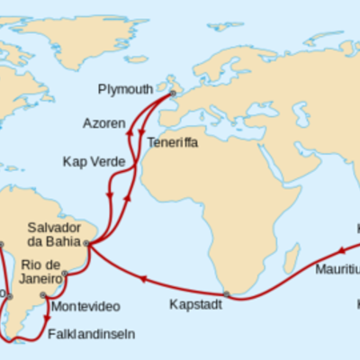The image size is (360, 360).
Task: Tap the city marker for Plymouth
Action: (x=173, y=92)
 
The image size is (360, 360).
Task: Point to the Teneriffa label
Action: (x=172, y=143)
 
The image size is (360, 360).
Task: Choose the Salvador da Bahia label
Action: (x=55, y=236)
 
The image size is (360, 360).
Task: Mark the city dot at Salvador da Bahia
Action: (x=87, y=243)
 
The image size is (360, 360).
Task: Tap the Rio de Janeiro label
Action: (x=41, y=272)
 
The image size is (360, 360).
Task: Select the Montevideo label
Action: (x=81, y=307)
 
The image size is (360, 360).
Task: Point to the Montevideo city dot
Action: (x=42, y=294)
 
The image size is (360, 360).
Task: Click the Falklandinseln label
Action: (x=91, y=333)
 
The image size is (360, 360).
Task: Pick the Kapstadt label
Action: (x=195, y=304)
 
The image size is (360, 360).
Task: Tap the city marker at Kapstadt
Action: (x=227, y=294)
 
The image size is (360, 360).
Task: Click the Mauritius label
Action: (x=337, y=269)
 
